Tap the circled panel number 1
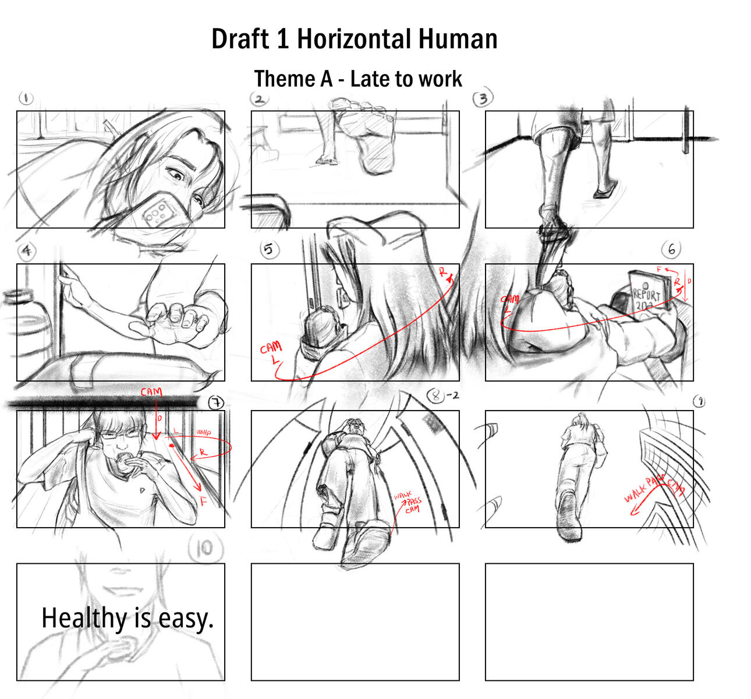click(x=26, y=98)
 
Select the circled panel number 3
click(x=483, y=98)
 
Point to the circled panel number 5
click(x=268, y=250)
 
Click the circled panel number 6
click(x=671, y=249)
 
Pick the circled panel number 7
click(x=216, y=402)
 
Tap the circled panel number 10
click(x=204, y=548)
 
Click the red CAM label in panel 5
click(x=271, y=349)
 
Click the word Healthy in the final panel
click(x=83, y=618)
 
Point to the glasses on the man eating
click(x=124, y=433)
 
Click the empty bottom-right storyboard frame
click(x=589, y=622)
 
